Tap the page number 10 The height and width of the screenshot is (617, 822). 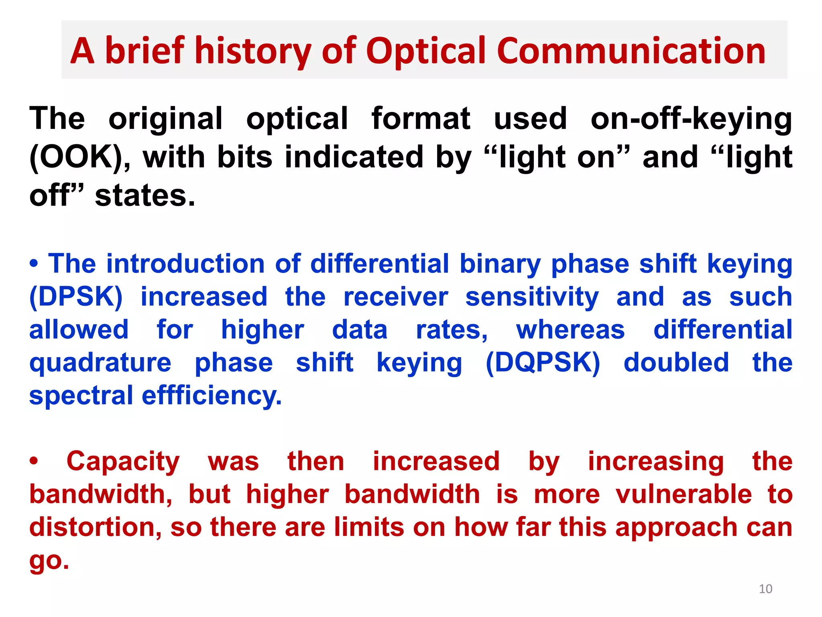[x=765, y=589]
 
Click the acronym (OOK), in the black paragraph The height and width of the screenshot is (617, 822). [x=80, y=157]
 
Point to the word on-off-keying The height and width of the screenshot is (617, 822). [x=691, y=119]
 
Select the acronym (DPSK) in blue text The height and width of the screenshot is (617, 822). [x=76, y=297]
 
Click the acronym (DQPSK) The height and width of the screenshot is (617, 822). [x=543, y=363]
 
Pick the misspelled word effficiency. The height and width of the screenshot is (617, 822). [x=212, y=396]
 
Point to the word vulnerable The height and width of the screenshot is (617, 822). [x=684, y=494]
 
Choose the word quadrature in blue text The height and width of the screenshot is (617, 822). [x=100, y=363]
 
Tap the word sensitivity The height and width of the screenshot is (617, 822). [x=532, y=297]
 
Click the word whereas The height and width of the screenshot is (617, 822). [x=570, y=330]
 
